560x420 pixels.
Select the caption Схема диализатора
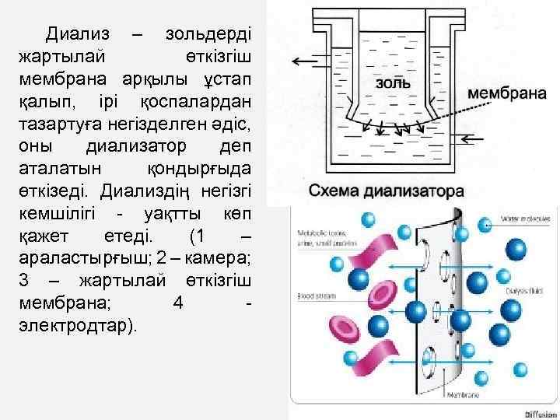pyautogui.click(x=387, y=191)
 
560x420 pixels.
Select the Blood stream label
pyautogui.click(x=313, y=296)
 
